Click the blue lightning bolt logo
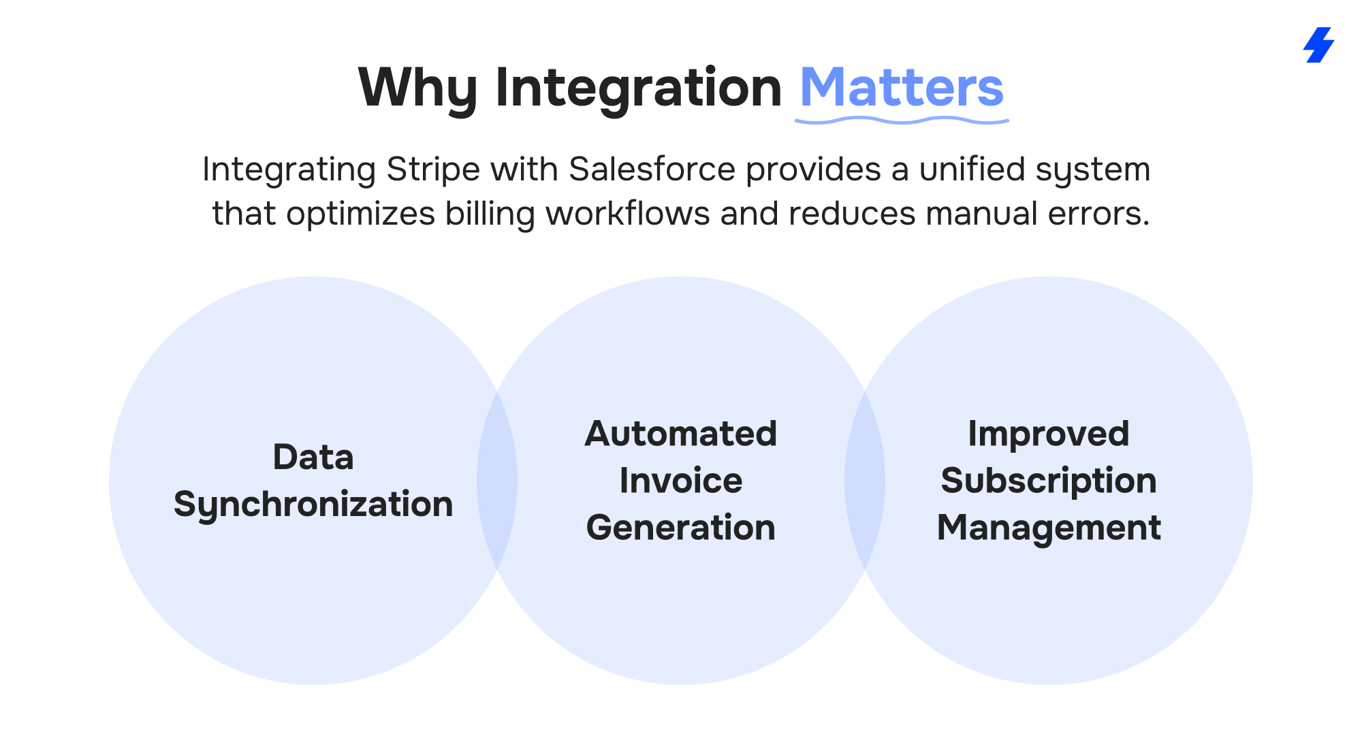(1319, 45)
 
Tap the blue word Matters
(902, 87)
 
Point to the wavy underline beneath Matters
(902, 121)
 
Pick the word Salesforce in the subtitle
(652, 169)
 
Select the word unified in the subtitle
(972, 169)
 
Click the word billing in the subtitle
(490, 214)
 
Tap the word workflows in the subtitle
(628, 213)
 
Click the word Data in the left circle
(313, 457)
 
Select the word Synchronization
(313, 504)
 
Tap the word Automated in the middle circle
(681, 434)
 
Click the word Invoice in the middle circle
(681, 481)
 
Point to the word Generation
(681, 528)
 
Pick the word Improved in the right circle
(1049, 434)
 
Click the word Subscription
(1049, 481)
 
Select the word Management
(1049, 528)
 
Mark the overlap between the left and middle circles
(497, 481)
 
